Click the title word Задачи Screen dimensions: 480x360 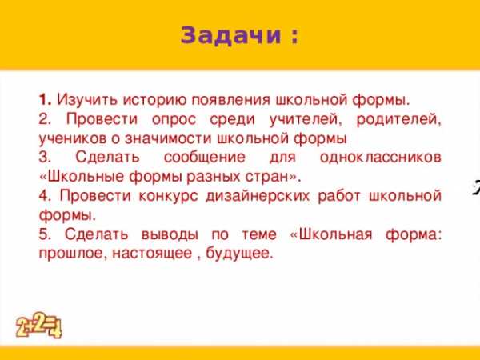coord(231,35)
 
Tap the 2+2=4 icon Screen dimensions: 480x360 coord(38,325)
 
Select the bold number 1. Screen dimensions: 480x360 coord(46,100)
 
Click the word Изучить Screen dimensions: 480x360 coord(87,101)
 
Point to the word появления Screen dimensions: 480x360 coord(231,101)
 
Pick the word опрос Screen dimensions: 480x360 coord(174,120)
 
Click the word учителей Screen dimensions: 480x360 coord(306,119)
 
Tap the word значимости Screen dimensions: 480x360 coord(168,138)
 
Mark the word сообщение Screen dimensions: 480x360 coord(205,158)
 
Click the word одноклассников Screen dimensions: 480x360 coord(381,158)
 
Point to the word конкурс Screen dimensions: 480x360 coord(168,196)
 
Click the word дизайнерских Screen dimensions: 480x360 coord(258,196)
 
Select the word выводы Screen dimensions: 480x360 coord(170,234)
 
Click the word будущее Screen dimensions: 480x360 coord(238,254)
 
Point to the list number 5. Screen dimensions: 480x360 coord(45,234)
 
